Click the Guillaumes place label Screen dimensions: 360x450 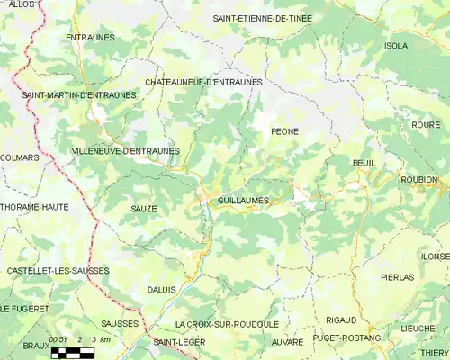click(244, 201)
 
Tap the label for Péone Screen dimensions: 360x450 click(284, 131)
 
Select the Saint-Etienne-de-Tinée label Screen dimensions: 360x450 click(269, 18)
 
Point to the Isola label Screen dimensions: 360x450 click(395, 45)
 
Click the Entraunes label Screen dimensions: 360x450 click(89, 37)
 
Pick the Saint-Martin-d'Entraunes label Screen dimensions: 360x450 click(79, 94)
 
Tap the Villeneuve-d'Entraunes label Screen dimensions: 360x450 click(125, 151)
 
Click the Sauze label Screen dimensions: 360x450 click(143, 209)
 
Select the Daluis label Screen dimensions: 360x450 click(161, 289)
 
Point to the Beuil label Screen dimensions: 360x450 click(364, 162)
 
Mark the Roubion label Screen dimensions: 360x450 click(418, 179)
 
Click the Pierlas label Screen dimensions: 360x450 click(397, 277)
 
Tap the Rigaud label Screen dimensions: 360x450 click(341, 319)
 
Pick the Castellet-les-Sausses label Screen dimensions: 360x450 click(58, 270)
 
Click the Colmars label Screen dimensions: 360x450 click(20, 157)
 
